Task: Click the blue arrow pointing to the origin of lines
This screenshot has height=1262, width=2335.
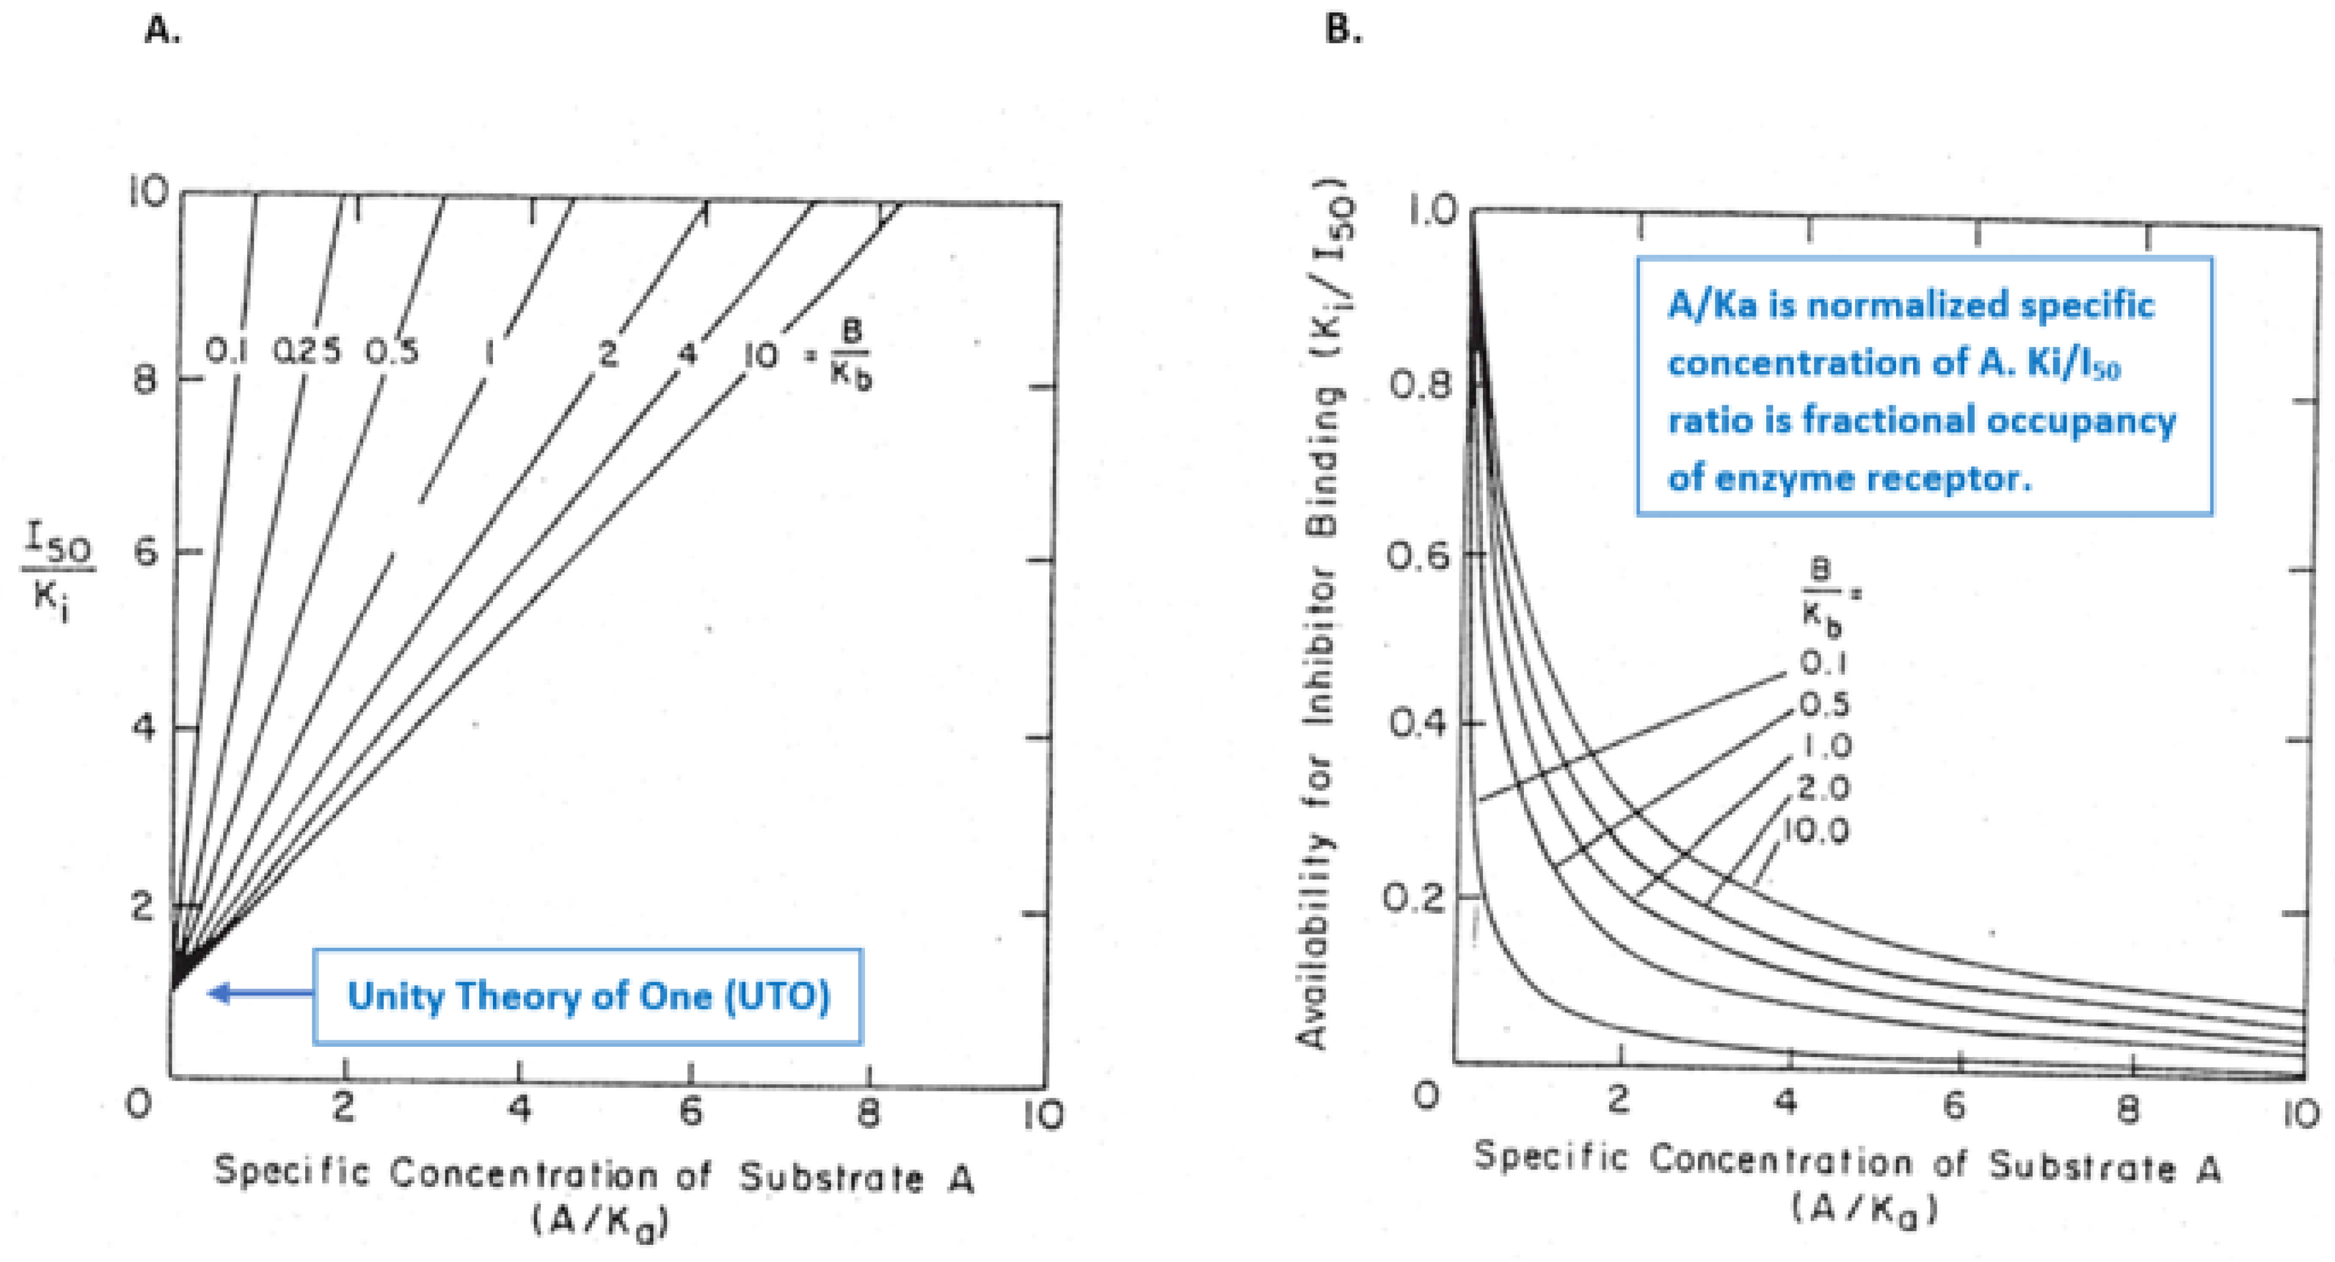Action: (x=261, y=994)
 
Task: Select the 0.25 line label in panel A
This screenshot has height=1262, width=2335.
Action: (x=308, y=351)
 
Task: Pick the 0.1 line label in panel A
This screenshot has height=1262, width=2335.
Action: (x=226, y=351)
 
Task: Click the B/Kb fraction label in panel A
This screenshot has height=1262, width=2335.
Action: (x=850, y=355)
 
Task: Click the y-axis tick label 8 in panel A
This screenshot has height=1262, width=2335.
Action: (x=145, y=379)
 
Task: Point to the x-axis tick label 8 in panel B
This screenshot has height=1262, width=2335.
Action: (x=2129, y=1109)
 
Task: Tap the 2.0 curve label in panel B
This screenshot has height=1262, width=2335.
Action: (x=1824, y=788)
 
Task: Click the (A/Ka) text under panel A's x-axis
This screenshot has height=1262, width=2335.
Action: (x=600, y=1221)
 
